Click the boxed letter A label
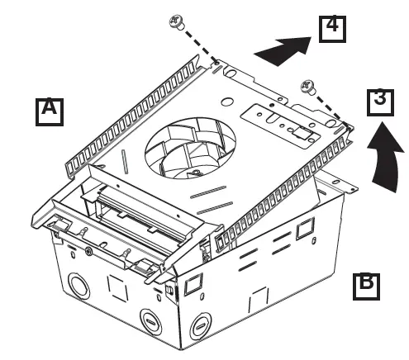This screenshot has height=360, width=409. (50, 111)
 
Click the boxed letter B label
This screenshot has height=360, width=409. (366, 287)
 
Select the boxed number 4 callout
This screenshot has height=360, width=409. (332, 29)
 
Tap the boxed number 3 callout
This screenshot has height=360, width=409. (380, 102)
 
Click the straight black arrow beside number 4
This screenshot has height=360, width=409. (283, 50)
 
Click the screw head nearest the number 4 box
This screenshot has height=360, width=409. (177, 21)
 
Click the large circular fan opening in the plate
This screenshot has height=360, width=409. (190, 148)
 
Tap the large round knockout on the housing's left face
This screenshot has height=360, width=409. (80, 286)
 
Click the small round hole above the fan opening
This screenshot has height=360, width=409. (226, 102)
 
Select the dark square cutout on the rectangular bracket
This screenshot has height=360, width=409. (301, 133)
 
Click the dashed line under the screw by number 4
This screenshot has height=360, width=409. (201, 47)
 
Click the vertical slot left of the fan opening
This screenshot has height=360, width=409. (125, 162)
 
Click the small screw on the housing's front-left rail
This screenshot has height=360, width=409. (88, 251)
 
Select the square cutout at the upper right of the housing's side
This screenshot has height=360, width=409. (306, 228)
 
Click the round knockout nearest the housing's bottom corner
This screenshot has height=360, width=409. (201, 326)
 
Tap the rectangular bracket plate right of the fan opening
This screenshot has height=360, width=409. (281, 126)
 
